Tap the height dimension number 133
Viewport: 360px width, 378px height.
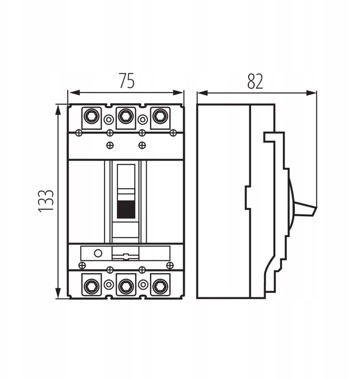pyautogui.click(x=46, y=201)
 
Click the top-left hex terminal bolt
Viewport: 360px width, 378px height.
pyautogui.click(x=92, y=117)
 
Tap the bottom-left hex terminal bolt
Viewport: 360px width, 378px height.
pyautogui.click(x=92, y=287)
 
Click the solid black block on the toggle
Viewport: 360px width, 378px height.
pyautogui.click(x=126, y=209)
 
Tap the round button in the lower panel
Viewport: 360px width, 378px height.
pyautogui.click(x=98, y=253)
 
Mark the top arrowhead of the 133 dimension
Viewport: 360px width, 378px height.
pyautogui.click(x=58, y=110)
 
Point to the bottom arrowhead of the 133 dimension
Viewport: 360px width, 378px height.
pyautogui.click(x=58, y=293)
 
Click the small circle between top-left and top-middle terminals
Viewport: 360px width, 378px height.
pyautogui.click(x=109, y=119)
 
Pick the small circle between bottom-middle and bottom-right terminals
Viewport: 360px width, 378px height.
pyautogui.click(x=143, y=285)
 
